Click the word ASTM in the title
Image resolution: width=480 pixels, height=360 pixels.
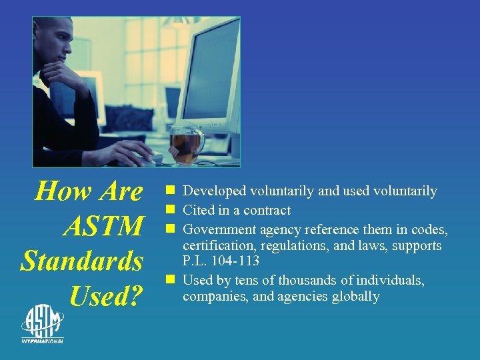(103, 227)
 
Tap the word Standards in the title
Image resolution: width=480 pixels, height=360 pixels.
(82, 261)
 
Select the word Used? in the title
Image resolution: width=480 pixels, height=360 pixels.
(106, 296)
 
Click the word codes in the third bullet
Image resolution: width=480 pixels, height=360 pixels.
(428, 230)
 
